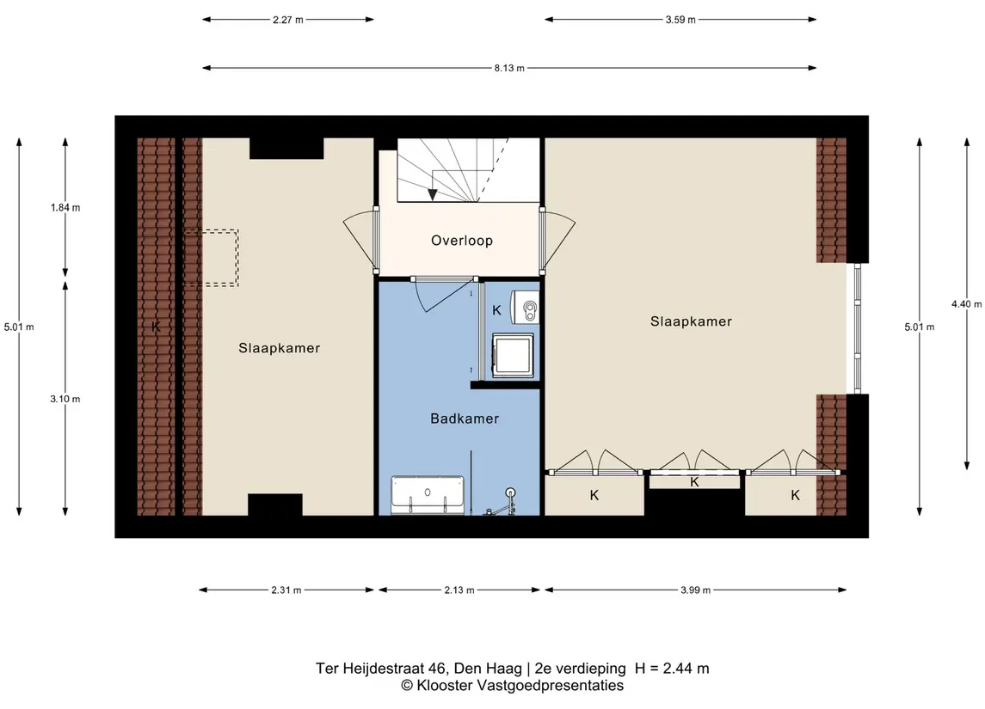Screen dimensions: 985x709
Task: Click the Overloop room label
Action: (x=462, y=241)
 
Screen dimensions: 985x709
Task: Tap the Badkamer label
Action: (x=465, y=419)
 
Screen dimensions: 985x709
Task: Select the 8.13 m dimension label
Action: (x=508, y=68)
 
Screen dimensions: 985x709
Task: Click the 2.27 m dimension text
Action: (x=287, y=20)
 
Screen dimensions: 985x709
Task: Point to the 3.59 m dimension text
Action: (x=680, y=20)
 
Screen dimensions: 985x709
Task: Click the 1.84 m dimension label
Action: (x=65, y=208)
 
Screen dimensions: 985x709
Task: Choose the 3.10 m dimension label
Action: (x=65, y=399)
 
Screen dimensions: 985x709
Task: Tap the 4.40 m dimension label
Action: (x=966, y=303)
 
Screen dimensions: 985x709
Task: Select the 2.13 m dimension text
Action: (x=459, y=590)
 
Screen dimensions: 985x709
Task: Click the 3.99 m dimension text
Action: (x=695, y=590)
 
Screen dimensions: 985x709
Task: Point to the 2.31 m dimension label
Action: (x=286, y=590)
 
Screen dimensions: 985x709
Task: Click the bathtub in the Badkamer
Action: (x=428, y=496)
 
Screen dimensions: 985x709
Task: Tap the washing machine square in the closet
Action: (x=513, y=356)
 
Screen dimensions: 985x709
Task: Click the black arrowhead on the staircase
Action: (x=432, y=194)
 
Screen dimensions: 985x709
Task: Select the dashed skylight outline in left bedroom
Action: (x=211, y=258)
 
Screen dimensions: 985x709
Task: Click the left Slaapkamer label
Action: (x=279, y=348)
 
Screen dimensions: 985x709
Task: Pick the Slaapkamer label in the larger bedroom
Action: (x=691, y=321)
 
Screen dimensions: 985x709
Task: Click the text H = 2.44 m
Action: (x=672, y=669)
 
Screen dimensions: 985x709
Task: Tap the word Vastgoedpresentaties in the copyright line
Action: (x=551, y=686)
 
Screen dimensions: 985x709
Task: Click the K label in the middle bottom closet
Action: (x=694, y=482)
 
